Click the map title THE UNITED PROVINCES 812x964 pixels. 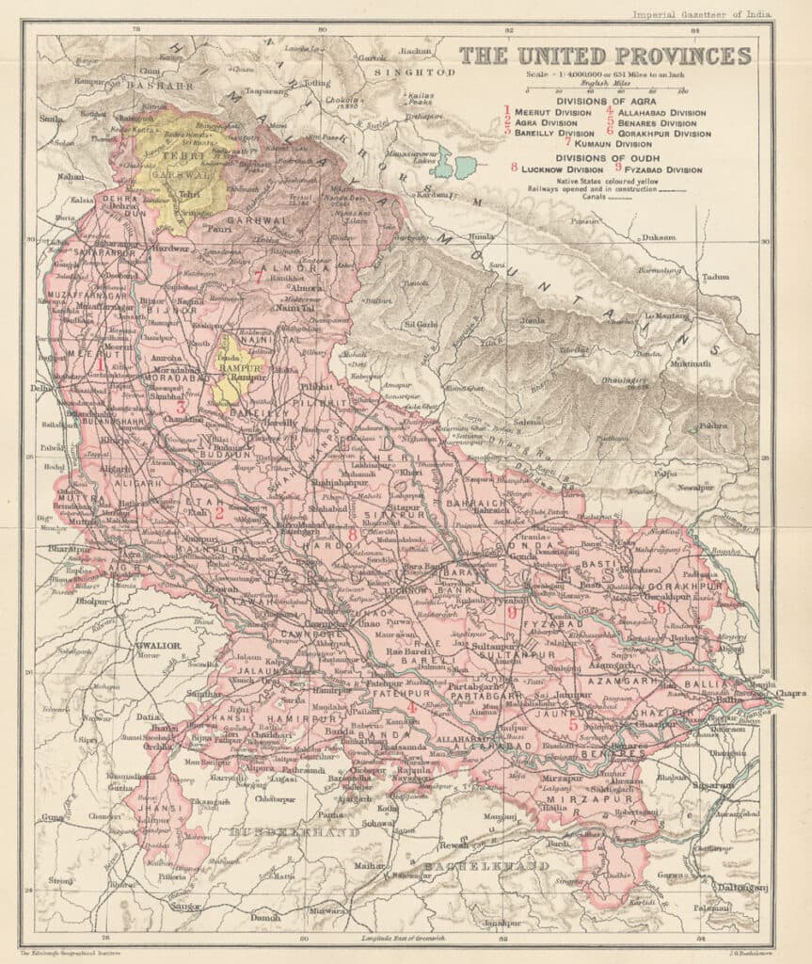pyautogui.click(x=605, y=56)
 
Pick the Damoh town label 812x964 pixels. pyautogui.click(x=265, y=916)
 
